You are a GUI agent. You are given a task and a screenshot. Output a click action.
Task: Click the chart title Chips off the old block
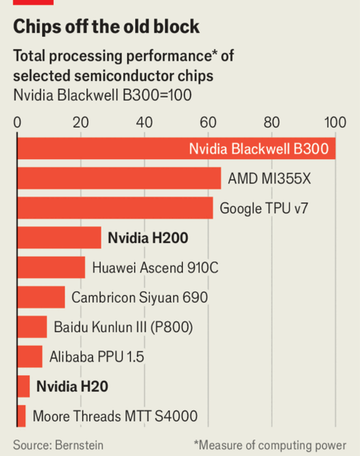tap(106, 27)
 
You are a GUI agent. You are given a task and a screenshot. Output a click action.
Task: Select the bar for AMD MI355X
tap(119, 179)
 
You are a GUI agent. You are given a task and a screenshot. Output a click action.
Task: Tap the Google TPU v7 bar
tap(115, 208)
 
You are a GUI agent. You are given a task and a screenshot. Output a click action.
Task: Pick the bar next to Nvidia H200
tap(59, 238)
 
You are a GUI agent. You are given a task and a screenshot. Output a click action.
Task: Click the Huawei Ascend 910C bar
tap(51, 267)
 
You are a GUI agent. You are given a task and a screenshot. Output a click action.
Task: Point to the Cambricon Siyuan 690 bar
tap(41, 297)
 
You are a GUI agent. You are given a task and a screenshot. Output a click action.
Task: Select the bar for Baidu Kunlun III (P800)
tap(32, 326)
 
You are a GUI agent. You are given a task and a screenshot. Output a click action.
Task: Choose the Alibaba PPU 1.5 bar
tap(30, 357)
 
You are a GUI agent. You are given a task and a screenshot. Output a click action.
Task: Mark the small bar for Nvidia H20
tap(24, 386)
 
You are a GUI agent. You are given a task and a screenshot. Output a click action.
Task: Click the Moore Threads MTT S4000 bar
tap(21, 416)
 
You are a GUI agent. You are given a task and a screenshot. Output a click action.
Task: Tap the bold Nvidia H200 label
tap(148, 238)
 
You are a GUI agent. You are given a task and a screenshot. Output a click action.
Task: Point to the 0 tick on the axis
tap(17, 122)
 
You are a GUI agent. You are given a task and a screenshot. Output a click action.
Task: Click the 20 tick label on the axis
tap(81, 122)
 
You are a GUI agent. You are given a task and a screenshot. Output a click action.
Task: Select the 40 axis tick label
tap(145, 122)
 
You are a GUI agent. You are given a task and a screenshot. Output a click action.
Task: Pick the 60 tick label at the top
tap(208, 122)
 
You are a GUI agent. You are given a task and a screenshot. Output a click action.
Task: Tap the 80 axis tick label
tap(272, 122)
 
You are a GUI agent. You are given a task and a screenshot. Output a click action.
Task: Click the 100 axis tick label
tap(335, 122)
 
